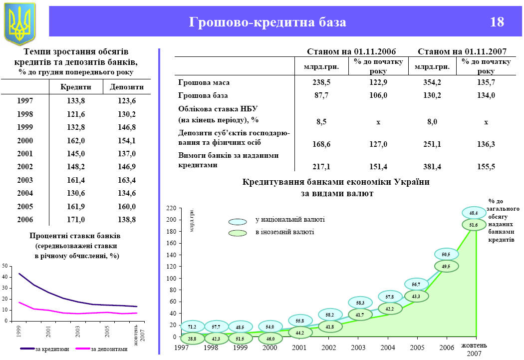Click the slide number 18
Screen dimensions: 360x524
tap(497, 22)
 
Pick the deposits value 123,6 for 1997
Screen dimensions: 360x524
tap(126, 101)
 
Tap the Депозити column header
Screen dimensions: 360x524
tap(126, 86)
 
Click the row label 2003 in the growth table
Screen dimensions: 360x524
tap(25, 180)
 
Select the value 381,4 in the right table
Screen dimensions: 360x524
tap(429, 167)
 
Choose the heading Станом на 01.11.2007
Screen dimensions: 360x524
tap(462, 51)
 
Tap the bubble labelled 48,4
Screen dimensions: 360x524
tap(473, 213)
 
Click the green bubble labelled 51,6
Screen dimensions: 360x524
tap(473, 225)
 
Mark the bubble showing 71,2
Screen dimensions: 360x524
tap(192, 327)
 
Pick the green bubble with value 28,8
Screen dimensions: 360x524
tap(192, 339)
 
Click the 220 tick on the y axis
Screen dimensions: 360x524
tap(172, 208)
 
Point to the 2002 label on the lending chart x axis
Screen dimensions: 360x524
tap(328, 348)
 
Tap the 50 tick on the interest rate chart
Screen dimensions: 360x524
tap(4, 265)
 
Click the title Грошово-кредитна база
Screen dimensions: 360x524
tap(267, 22)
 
